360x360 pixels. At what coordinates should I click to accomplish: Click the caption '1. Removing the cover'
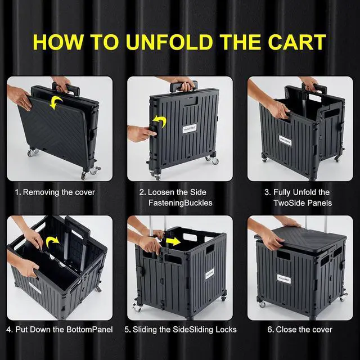(55, 192)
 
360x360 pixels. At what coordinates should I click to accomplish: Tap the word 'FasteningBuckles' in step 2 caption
(180, 202)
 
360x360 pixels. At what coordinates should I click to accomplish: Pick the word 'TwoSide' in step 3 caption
(289, 202)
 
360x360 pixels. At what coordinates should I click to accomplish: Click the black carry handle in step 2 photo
(181, 87)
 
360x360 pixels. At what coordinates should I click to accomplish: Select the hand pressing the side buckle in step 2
(139, 134)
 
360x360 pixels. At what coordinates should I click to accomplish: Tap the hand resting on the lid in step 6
(271, 238)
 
